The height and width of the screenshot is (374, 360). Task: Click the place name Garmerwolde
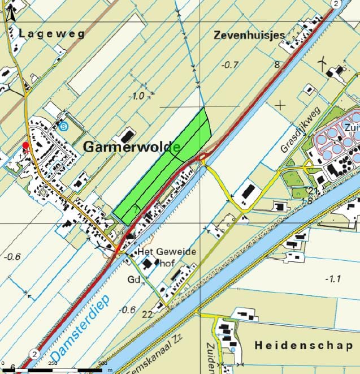(132, 147)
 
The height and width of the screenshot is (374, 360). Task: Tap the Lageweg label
(51, 33)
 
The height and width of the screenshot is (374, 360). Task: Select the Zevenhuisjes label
(249, 35)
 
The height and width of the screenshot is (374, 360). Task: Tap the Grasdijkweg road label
(300, 130)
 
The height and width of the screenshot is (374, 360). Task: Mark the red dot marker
(25, 146)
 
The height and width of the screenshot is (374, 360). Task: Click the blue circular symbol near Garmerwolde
(63, 126)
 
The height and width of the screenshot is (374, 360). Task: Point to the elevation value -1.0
(137, 96)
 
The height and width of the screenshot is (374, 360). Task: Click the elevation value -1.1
(334, 278)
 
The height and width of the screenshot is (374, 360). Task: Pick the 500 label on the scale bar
(102, 363)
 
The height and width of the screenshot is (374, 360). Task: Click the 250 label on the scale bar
(53, 363)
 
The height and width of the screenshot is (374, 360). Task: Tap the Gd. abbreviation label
(134, 280)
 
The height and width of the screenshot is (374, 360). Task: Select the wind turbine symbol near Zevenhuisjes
(323, 62)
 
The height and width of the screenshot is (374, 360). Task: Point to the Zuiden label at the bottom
(210, 356)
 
